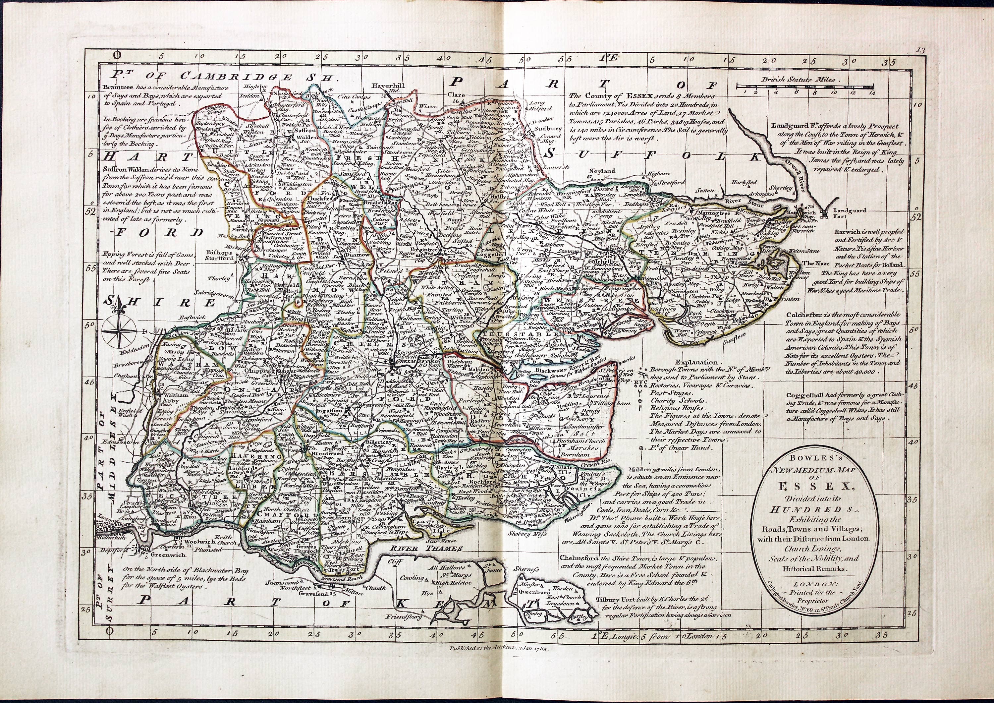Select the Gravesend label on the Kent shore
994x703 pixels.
(x=315, y=594)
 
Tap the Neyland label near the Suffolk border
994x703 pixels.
(x=601, y=171)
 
